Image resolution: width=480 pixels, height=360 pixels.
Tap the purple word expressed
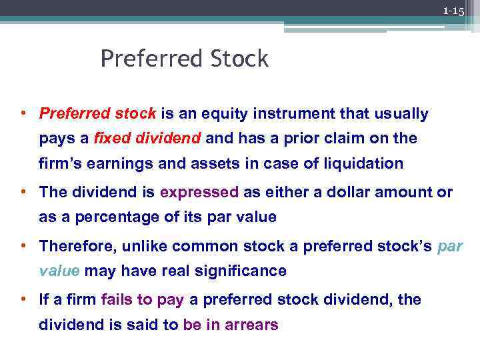click(x=199, y=193)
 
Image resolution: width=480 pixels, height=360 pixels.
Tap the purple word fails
click(x=118, y=300)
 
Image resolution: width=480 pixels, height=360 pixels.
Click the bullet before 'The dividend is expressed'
click(x=23, y=193)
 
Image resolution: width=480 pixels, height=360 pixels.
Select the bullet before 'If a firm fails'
click(x=23, y=300)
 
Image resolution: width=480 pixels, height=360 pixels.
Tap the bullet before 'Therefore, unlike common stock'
click(x=23, y=246)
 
